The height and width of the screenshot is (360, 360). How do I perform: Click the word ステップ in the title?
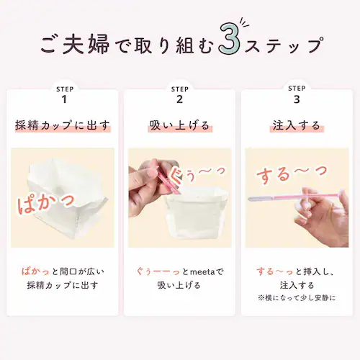point(282,45)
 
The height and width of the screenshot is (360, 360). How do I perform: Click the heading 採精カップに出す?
point(63,126)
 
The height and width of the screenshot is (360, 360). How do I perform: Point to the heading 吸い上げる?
point(179,126)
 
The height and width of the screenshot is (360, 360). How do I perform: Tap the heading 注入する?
point(296,126)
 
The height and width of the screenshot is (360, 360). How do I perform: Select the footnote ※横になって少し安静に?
point(296,297)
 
